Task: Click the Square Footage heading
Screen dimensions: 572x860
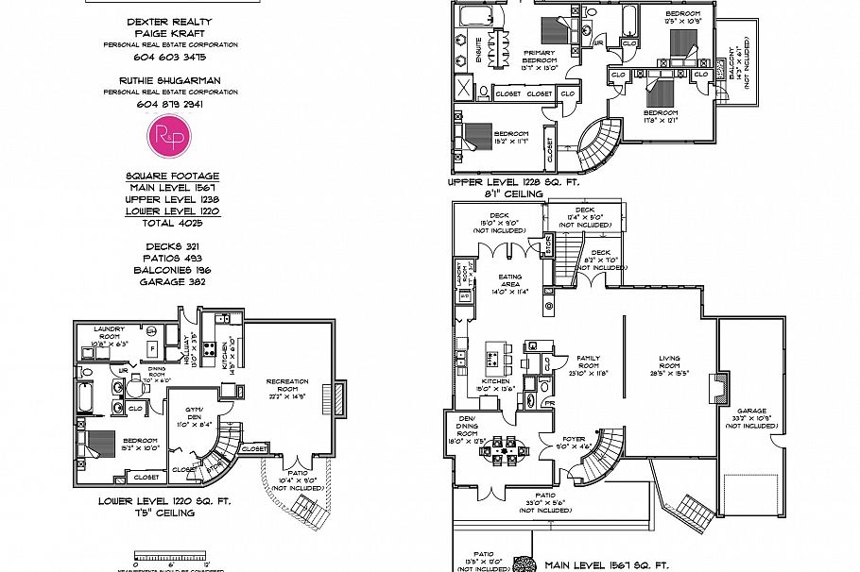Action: tap(172, 176)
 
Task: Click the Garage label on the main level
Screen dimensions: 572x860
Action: tap(745, 415)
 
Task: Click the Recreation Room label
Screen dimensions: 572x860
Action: tap(287, 388)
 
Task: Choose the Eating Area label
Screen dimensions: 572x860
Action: tap(510, 281)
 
